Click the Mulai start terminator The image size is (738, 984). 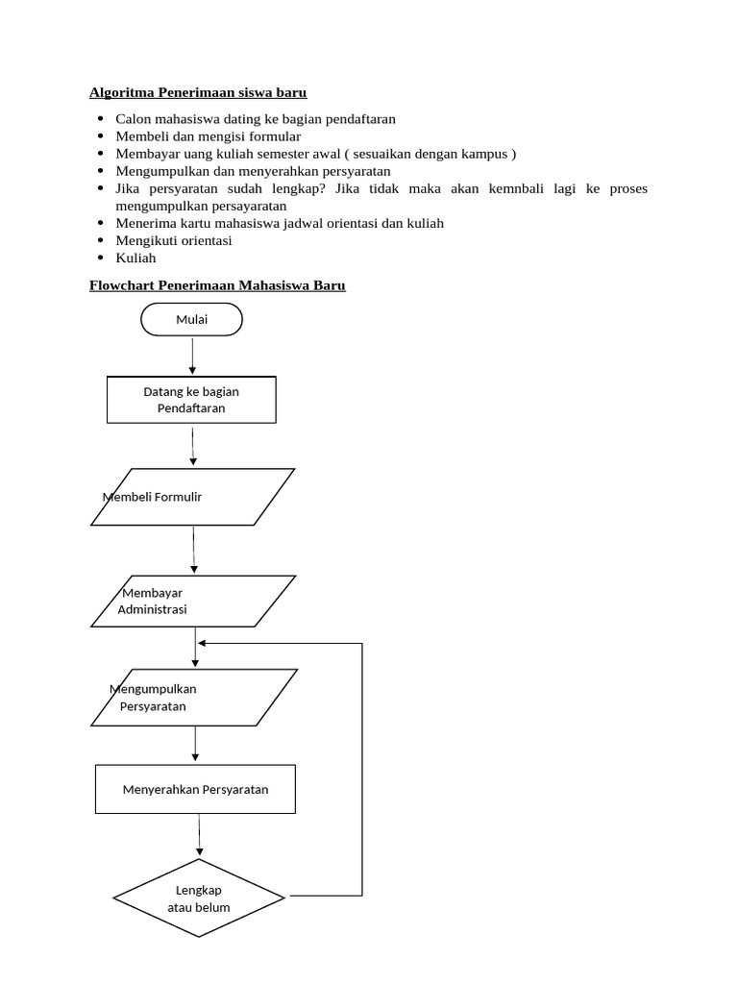tap(191, 320)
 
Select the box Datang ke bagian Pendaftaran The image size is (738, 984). tap(191, 400)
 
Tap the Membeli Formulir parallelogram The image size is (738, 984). tap(192, 497)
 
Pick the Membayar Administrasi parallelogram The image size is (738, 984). tap(193, 602)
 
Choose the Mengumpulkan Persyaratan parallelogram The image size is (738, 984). tap(193, 698)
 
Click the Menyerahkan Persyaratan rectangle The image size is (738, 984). tap(195, 790)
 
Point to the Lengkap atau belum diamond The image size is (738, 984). tap(199, 898)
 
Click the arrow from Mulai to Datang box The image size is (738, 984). tap(193, 356)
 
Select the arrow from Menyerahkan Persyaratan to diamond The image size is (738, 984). tap(200, 835)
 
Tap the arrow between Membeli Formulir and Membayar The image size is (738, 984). tap(194, 550)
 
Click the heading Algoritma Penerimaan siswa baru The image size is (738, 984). tap(198, 93)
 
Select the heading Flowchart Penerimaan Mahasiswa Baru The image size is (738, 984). tap(217, 285)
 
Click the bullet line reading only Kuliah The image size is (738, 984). tap(135, 258)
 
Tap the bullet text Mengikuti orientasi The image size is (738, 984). tap(173, 240)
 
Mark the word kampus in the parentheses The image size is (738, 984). tap(486, 154)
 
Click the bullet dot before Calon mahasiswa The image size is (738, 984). tap(101, 119)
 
